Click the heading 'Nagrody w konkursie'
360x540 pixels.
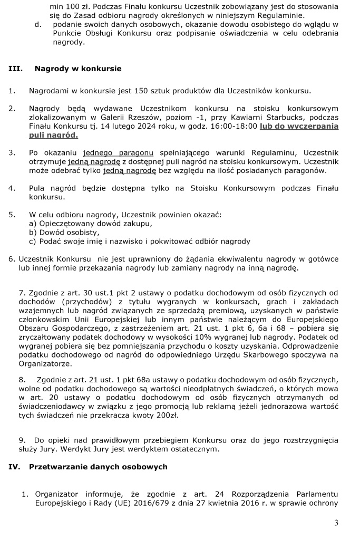[78, 69]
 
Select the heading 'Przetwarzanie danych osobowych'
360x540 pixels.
[98, 467]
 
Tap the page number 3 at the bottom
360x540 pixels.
[336, 523]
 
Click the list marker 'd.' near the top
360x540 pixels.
[45, 24]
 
